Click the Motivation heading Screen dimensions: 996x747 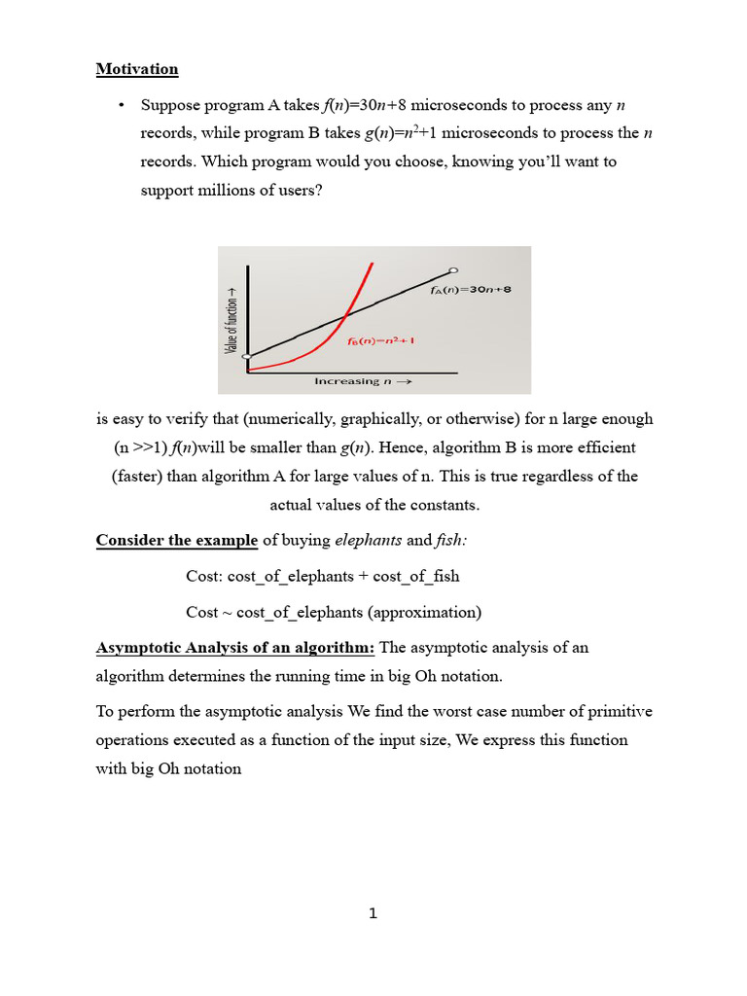[x=137, y=69]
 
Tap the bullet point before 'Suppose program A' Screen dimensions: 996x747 [x=122, y=105]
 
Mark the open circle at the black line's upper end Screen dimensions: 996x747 [x=453, y=270]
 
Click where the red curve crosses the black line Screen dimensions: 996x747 [x=345, y=313]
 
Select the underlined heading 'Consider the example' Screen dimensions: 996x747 [x=177, y=541]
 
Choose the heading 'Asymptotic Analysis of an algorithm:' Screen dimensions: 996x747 [x=234, y=648]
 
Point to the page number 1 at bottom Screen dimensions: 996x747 [x=373, y=913]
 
